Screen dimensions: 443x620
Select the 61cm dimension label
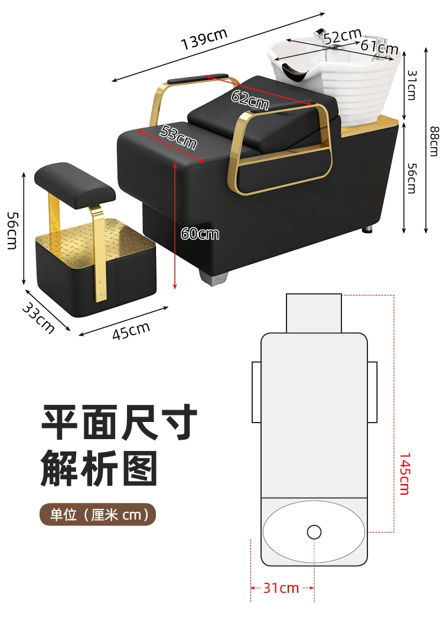[x=378, y=46]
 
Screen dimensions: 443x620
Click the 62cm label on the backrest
[x=249, y=100]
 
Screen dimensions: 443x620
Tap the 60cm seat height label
[x=200, y=234]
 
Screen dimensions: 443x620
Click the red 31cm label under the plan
[x=281, y=588]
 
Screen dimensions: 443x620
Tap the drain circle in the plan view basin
[x=314, y=532]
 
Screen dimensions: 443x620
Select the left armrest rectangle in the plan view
[x=256, y=391]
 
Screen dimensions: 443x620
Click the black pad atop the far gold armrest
[x=198, y=78]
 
